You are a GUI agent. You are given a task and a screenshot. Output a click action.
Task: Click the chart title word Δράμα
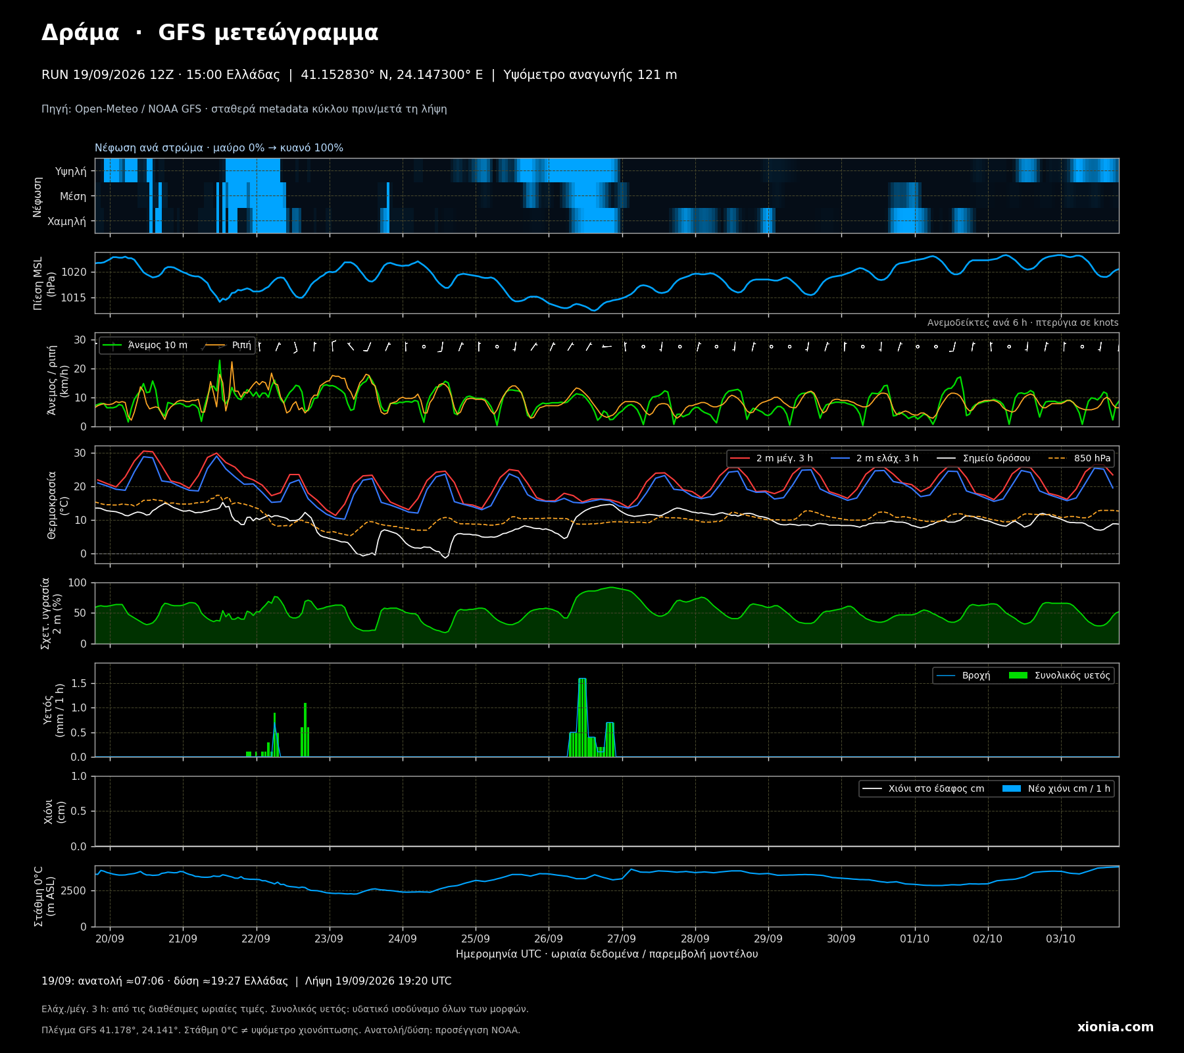pyautogui.click(x=80, y=33)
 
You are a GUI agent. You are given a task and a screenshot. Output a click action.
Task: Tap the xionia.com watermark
pyautogui.click(x=1115, y=1027)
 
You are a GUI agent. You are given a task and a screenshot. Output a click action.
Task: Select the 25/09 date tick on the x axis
pyautogui.click(x=475, y=938)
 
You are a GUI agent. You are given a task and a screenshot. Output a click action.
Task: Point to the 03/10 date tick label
pyautogui.click(x=1060, y=938)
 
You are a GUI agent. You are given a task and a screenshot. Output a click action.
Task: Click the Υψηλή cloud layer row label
pyautogui.click(x=70, y=171)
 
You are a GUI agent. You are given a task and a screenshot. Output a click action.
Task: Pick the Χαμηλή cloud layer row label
pyautogui.click(x=66, y=221)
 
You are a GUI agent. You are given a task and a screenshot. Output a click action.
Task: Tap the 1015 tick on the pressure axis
pyautogui.click(x=74, y=297)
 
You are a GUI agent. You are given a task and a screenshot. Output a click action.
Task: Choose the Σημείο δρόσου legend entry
pyautogui.click(x=983, y=459)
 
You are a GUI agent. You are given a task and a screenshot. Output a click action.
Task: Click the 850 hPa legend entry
pyautogui.click(x=1079, y=459)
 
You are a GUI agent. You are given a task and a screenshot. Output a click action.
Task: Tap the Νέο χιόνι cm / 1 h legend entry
pyautogui.click(x=1056, y=789)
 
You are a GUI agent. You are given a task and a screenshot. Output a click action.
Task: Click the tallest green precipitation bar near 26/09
pyautogui.click(x=582, y=717)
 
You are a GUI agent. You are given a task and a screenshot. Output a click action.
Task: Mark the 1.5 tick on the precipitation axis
pyautogui.click(x=79, y=683)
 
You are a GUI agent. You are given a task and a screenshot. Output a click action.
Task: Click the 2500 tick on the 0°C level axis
pyautogui.click(x=74, y=890)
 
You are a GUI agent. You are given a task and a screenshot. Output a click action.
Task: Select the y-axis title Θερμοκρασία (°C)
pyautogui.click(x=58, y=505)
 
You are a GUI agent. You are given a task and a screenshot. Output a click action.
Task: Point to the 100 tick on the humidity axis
pyautogui.click(x=77, y=582)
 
